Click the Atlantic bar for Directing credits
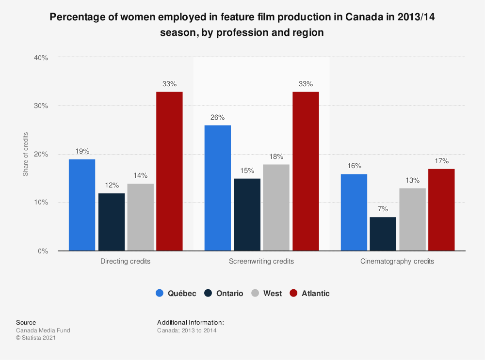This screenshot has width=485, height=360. click(169, 171)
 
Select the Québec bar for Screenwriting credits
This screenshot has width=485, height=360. click(218, 188)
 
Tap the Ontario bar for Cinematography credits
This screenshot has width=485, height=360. click(383, 234)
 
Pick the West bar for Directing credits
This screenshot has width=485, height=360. click(140, 217)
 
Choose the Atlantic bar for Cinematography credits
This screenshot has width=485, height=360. click(441, 210)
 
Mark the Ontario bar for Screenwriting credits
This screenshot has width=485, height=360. click(247, 215)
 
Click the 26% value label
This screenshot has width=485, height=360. click(218, 117)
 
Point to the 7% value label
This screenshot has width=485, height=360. click(383, 209)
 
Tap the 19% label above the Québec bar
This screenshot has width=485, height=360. click(82, 151)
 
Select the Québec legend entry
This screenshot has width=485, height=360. click(177, 293)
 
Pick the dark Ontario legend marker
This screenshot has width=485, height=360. click(208, 293)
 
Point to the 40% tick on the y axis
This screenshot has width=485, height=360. click(41, 57)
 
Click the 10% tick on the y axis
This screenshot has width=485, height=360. click(41, 203)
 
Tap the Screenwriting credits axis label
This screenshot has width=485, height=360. click(261, 261)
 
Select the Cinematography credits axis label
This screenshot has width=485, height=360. click(397, 261)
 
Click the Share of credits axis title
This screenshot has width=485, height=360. click(26, 154)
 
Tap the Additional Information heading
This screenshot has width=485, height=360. click(191, 322)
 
